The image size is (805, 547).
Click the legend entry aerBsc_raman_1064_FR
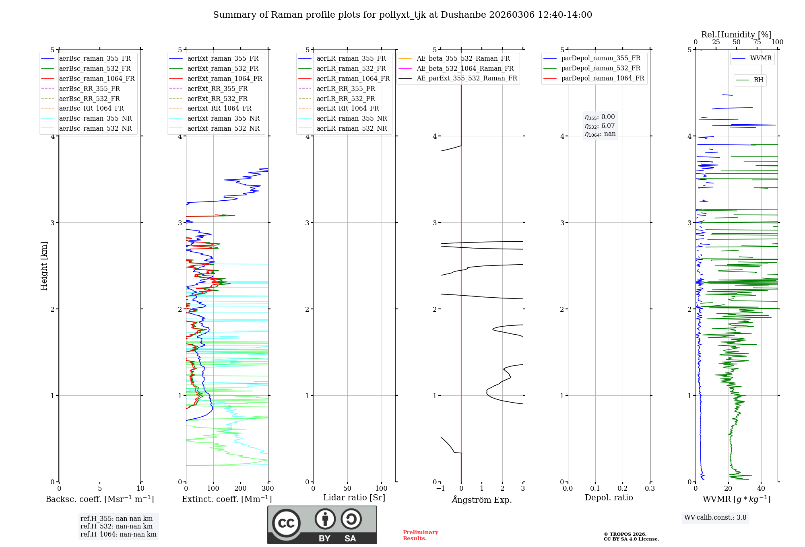(97, 79)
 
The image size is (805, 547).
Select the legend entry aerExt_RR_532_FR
(217, 99)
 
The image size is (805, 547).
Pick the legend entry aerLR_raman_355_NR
(351, 119)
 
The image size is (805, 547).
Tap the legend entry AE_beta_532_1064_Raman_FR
(465, 69)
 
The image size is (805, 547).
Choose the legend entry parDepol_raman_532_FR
(601, 68)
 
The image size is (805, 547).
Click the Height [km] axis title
(44, 266)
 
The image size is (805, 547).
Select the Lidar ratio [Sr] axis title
(354, 498)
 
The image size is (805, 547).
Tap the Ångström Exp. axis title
(482, 500)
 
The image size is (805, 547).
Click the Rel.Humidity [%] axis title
(736, 35)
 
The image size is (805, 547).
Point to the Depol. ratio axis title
(609, 498)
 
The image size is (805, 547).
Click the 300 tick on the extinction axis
(268, 489)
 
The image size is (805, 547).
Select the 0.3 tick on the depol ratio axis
(650, 489)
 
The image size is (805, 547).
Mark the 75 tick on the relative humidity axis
(757, 42)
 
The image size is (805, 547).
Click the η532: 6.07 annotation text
(600, 126)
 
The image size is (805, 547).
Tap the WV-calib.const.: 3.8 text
(715, 518)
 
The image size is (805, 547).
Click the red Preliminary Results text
(420, 535)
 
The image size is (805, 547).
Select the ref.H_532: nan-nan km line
(116, 526)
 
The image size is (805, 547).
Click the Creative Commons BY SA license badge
(322, 525)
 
